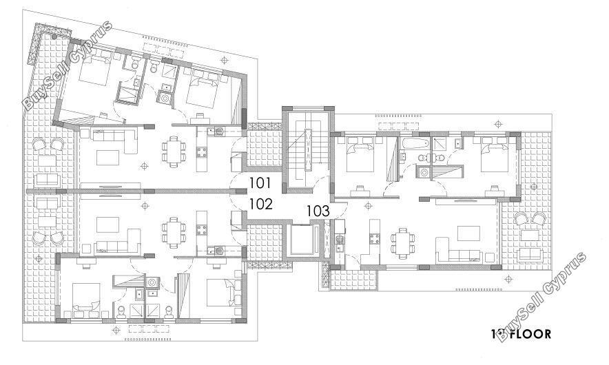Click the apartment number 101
260,182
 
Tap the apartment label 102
260,204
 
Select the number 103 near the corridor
318,211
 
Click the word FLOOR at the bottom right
530,334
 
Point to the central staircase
307,149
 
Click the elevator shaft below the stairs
304,240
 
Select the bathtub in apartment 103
415,143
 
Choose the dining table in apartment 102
172,233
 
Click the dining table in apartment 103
402,244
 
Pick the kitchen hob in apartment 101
202,152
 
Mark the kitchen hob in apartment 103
374,238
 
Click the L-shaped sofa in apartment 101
114,140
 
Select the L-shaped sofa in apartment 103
458,251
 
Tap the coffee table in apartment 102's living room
107,225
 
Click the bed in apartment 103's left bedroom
360,157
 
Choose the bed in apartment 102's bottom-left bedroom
86,298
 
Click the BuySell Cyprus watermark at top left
68,65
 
